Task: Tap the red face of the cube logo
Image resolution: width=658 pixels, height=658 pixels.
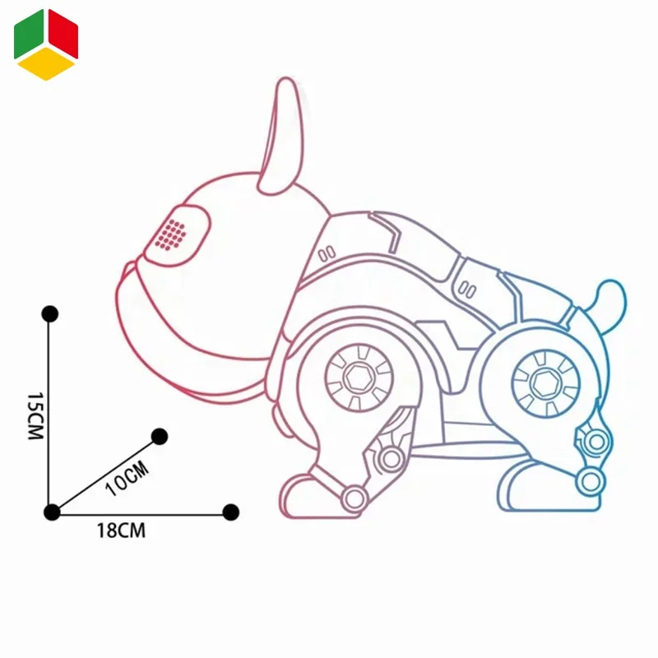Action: pos(63,35)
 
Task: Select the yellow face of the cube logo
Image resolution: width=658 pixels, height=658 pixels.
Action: pos(46,64)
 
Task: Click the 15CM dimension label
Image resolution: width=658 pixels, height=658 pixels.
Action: pos(34,415)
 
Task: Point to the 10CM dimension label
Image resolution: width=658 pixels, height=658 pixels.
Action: pos(127,478)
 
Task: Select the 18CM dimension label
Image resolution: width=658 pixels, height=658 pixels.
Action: pos(121,531)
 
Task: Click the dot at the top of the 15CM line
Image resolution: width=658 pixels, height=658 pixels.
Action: pos(50,314)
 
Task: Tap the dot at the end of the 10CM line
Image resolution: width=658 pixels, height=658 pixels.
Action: pos(160,436)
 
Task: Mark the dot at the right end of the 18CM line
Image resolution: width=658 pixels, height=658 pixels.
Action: pos(231,512)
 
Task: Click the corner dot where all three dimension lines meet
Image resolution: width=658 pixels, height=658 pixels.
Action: pos(52,512)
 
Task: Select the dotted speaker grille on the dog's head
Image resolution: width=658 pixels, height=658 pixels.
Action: pos(170,234)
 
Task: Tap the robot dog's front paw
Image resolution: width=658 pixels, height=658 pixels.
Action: pos(308,494)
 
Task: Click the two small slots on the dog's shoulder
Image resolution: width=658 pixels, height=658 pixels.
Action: pos(324,251)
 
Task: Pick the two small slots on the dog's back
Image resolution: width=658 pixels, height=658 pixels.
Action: pos(468,289)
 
